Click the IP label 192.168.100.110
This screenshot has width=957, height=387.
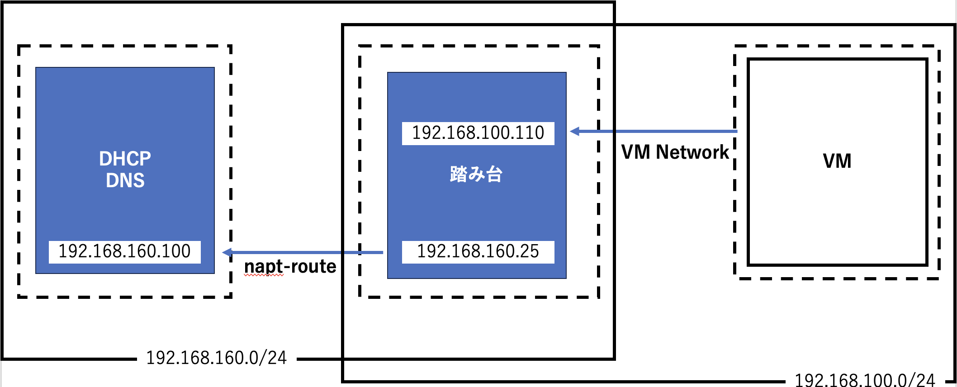478,133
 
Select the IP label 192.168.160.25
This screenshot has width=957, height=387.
478,251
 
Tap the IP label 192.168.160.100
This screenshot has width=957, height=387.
124,251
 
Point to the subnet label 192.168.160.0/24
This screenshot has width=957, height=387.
216,358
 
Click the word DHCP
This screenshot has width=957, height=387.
125,159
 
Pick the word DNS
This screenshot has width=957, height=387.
125,180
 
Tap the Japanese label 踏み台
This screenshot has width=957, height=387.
476,174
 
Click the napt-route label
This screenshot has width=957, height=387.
290,266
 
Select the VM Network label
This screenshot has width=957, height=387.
675,152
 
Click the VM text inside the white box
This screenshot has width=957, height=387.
837,161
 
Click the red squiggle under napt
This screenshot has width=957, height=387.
264,275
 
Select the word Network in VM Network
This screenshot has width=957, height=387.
692,152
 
